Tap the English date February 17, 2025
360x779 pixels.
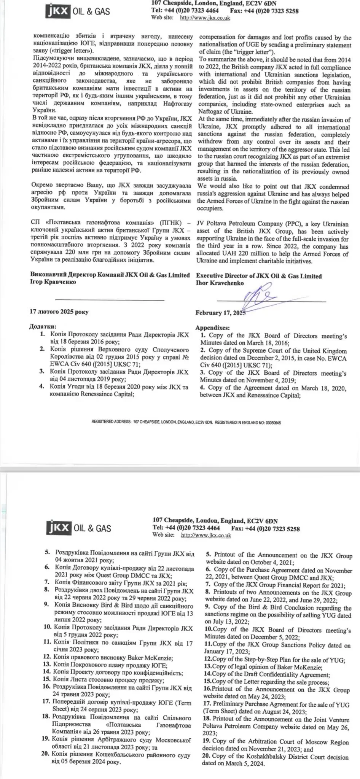(220, 313)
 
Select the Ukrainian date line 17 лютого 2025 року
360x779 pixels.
(59, 312)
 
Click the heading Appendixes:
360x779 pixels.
(212, 327)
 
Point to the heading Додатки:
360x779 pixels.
(43, 326)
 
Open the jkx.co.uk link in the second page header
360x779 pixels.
(206, 535)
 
